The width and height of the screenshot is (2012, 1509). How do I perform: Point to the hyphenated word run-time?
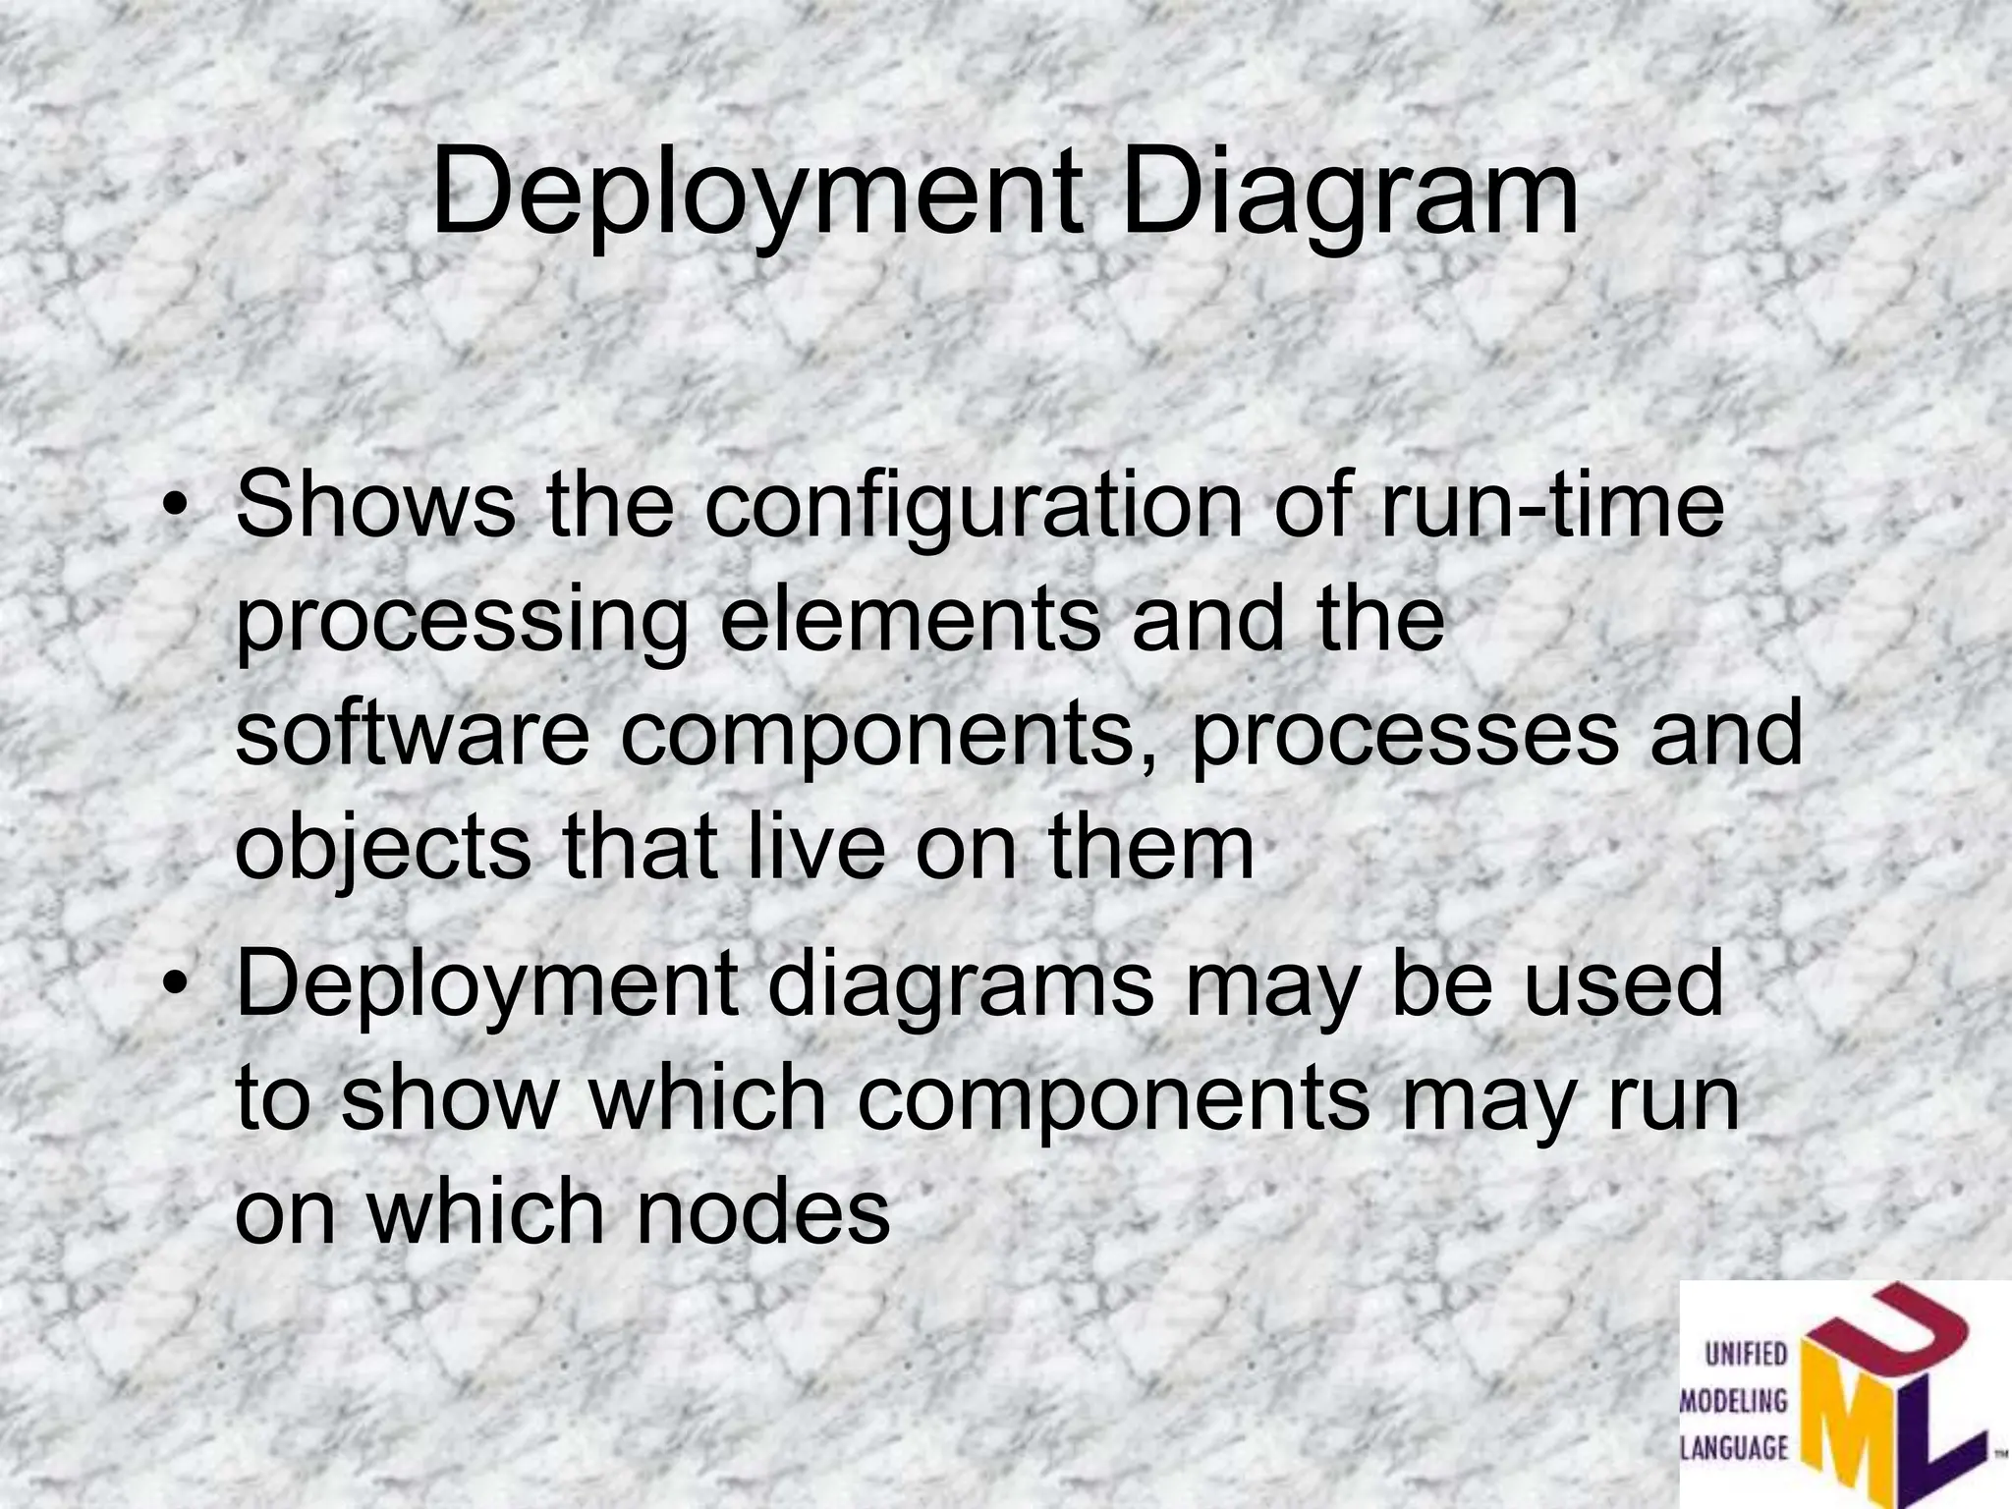(x=1551, y=505)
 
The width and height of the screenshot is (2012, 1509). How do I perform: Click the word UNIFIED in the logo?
(x=1746, y=1356)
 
